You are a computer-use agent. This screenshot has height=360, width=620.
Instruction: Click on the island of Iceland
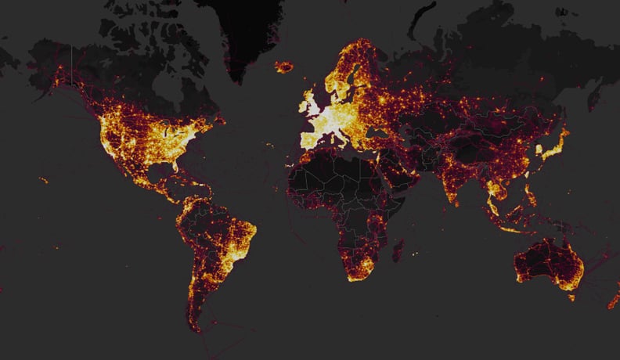point(284,67)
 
